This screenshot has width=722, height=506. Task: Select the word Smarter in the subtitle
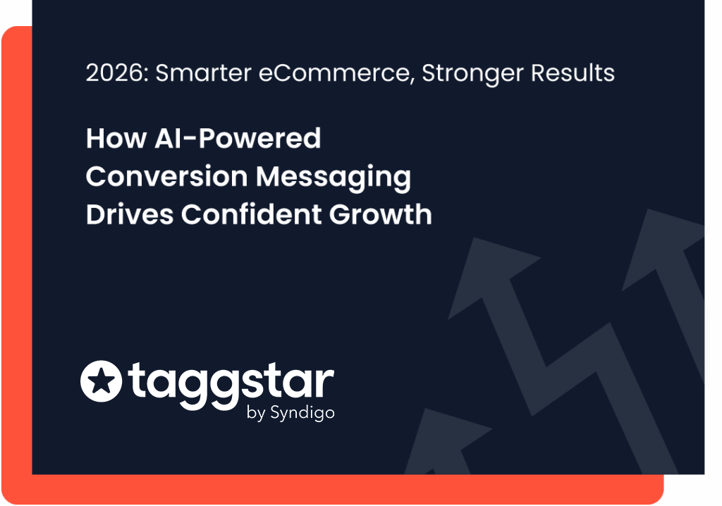[x=204, y=73]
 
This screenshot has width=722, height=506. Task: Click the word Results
[x=573, y=73]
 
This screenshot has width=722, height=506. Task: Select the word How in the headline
[x=116, y=138]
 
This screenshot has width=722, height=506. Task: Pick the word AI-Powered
[x=238, y=138]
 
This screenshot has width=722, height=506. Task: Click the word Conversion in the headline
[x=166, y=176]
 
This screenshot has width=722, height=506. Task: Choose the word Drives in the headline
[x=130, y=214]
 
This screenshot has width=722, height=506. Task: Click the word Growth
[x=380, y=214]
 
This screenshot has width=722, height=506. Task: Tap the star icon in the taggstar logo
[x=102, y=381]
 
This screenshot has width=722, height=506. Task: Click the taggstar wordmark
[x=231, y=385]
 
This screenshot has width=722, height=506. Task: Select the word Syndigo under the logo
[x=302, y=413]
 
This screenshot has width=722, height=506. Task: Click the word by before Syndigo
[x=256, y=413]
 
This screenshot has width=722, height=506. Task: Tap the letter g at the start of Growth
[x=339, y=214]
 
